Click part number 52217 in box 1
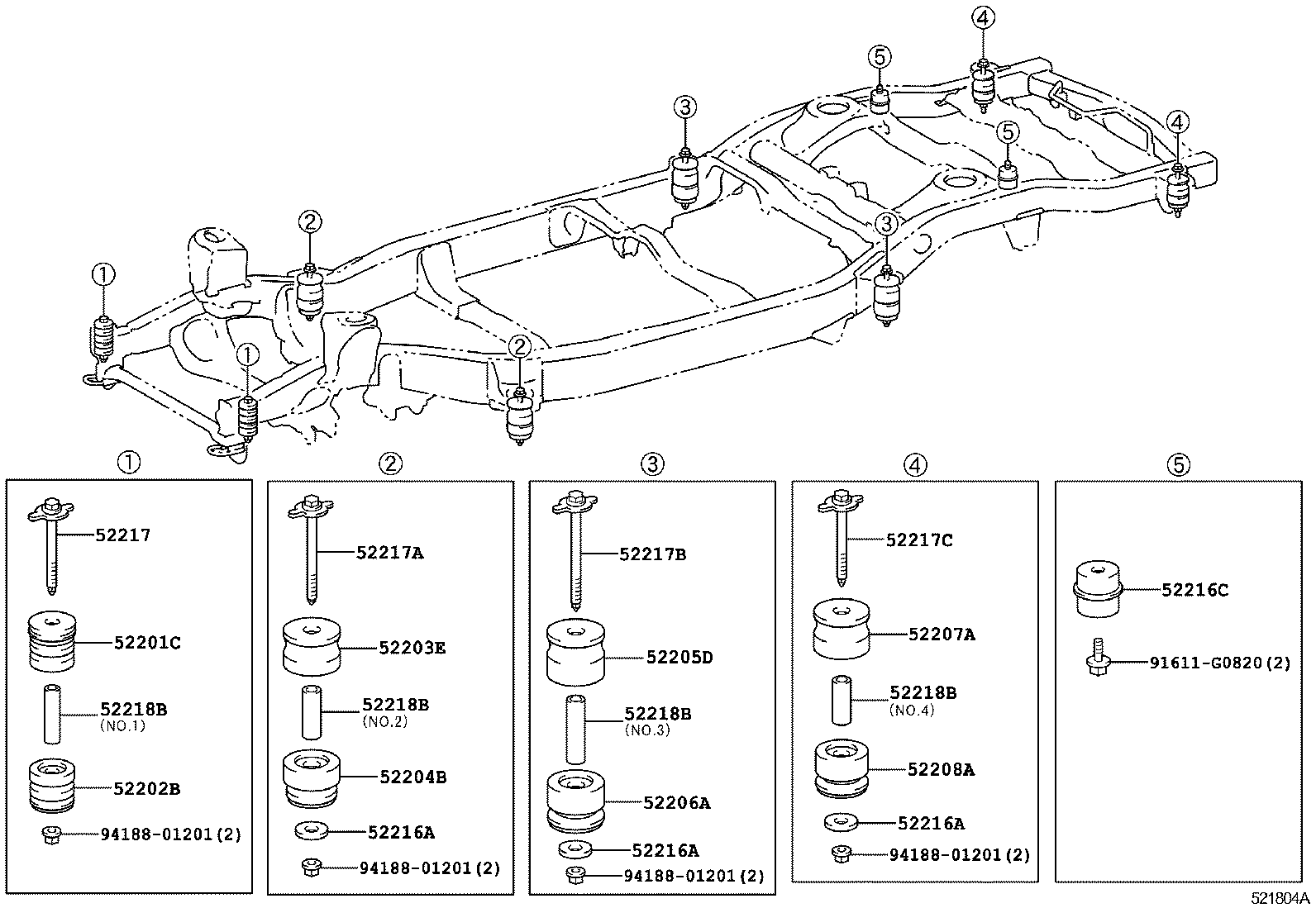pyautogui.click(x=122, y=535)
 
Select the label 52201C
pyautogui.click(x=146, y=642)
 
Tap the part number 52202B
pyautogui.click(x=146, y=788)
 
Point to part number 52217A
pyautogui.click(x=389, y=553)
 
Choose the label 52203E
pyautogui.click(x=412, y=648)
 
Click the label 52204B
pyautogui.click(x=413, y=777)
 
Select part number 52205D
pyautogui.click(x=679, y=658)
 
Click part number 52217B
pyautogui.click(x=652, y=554)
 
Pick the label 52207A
pyautogui.click(x=942, y=634)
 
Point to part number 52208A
pyautogui.click(x=941, y=769)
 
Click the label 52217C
pyautogui.click(x=919, y=540)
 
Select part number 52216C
pyautogui.click(x=1194, y=590)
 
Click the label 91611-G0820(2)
pyautogui.click(x=1219, y=662)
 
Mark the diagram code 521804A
pyautogui.click(x=1280, y=898)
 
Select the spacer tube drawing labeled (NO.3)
pyautogui.click(x=577, y=730)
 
